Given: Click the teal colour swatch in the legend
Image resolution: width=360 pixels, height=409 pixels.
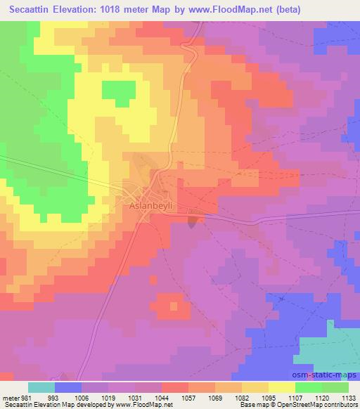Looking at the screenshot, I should tap(41, 387).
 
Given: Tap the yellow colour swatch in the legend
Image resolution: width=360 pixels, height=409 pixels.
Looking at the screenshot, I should tap(281, 387).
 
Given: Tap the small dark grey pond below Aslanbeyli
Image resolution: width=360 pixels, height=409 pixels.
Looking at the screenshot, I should tap(193, 223).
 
